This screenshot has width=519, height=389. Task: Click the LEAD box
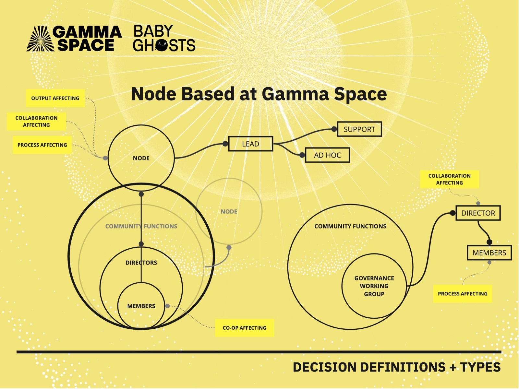click(251, 144)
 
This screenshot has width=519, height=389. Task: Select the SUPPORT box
click(359, 129)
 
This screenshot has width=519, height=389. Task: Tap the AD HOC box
click(328, 155)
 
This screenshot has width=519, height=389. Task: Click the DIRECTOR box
click(478, 213)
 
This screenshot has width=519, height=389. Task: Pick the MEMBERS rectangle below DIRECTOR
click(489, 253)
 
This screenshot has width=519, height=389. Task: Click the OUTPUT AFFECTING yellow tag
click(55, 98)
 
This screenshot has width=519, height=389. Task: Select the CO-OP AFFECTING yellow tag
click(245, 328)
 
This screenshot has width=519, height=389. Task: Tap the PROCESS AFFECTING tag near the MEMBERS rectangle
click(463, 294)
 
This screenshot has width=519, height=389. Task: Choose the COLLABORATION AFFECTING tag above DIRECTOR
click(450, 179)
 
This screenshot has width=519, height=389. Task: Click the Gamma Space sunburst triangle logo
click(41, 39)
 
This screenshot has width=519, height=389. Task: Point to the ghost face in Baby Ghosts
click(162, 45)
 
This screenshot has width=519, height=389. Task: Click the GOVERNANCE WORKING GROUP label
click(374, 286)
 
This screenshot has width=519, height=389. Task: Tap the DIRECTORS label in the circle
click(141, 263)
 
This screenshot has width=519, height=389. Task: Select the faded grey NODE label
click(229, 211)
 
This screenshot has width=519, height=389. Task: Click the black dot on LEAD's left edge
click(225, 144)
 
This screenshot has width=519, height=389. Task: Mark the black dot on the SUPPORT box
click(334, 129)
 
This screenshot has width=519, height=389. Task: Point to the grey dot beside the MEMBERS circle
click(167, 306)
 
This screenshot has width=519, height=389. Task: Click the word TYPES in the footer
click(480, 367)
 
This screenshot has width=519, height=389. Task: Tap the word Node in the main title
click(154, 94)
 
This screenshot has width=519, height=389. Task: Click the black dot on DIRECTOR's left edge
click(453, 213)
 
